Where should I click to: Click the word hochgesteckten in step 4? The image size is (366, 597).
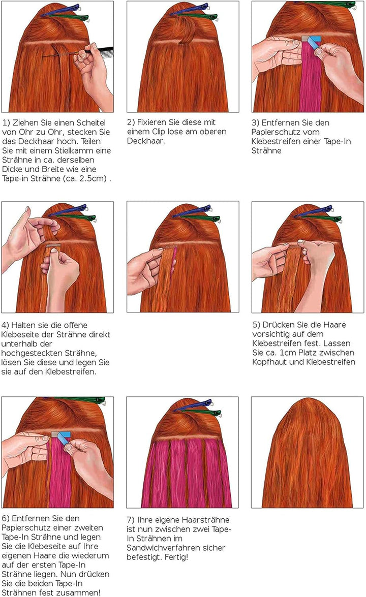coord(28,353)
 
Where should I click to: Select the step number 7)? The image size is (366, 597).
coord(131,520)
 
